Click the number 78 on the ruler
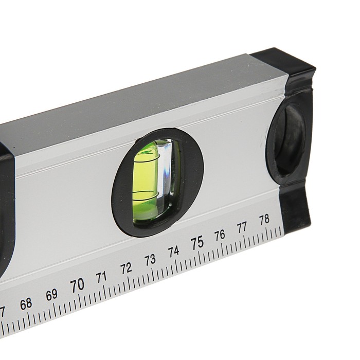coord(264,220)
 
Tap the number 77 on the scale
coord(242,227)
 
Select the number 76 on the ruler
coord(220,235)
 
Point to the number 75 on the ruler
coord(197,243)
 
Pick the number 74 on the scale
coord(174,252)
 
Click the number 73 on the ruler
coord(150,260)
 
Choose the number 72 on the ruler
coord(126,268)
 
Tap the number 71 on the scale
coord(101,277)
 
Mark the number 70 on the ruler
coord(77,285)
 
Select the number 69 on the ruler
coord(51,295)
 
